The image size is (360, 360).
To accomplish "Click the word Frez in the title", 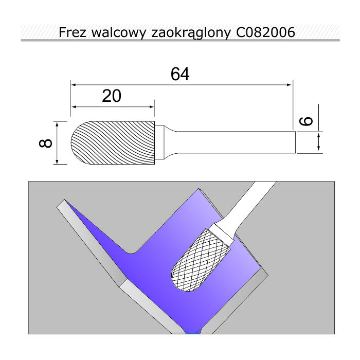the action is pyautogui.click(x=73, y=32).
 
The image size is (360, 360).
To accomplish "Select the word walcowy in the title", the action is pyautogui.click(x=118, y=32).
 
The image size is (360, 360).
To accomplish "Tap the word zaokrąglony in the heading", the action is pyautogui.click(x=190, y=33).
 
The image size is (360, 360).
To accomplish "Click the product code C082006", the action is pyautogui.click(x=265, y=32).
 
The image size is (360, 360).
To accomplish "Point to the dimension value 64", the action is pyautogui.click(x=180, y=74).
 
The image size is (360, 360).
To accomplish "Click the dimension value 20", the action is pyautogui.click(x=112, y=96).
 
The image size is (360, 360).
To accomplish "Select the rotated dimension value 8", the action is pyautogui.click(x=45, y=143).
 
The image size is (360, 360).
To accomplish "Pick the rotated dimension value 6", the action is pyautogui.click(x=307, y=121).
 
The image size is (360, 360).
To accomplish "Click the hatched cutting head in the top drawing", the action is pyautogui.click(x=113, y=143).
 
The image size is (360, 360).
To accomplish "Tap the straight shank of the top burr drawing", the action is pyautogui.click(x=237, y=142).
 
